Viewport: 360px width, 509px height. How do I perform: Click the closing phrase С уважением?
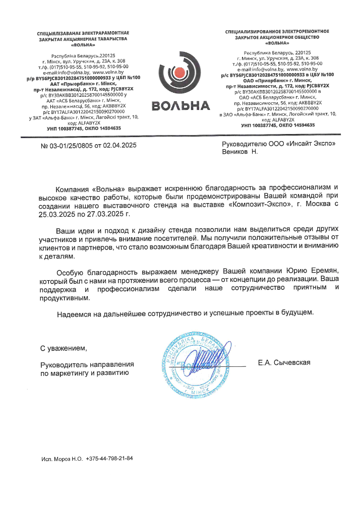pos(64,348)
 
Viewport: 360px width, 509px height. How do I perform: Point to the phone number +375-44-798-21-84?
pos(109,459)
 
